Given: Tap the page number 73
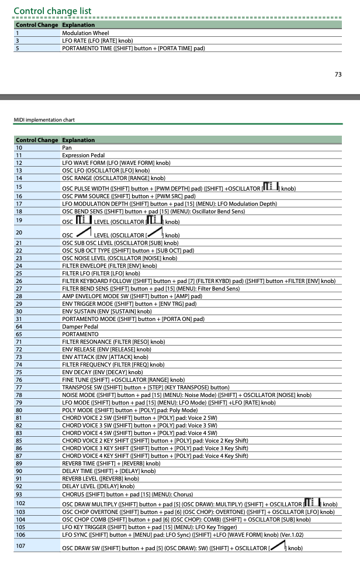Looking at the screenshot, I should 338,74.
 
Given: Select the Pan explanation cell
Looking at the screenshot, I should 67,148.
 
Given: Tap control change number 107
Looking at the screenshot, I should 20,547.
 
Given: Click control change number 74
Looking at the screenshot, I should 19,364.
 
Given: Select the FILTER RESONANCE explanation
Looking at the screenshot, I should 113,341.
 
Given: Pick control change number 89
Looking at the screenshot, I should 19,463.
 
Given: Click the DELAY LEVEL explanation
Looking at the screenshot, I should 101,486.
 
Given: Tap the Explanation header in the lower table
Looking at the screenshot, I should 78,140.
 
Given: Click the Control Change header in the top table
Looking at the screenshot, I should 37,25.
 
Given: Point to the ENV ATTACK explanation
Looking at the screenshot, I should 105,357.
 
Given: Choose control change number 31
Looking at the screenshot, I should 19,319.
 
